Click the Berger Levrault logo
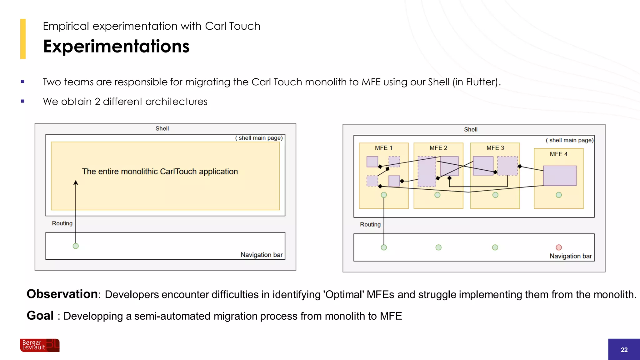(40, 345)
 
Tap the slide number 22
(624, 350)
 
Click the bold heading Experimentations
(116, 46)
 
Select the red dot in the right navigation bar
(559, 247)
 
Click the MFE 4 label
(558, 154)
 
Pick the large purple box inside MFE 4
(560, 176)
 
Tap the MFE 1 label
(383, 148)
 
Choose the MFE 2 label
(438, 148)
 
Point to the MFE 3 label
(495, 148)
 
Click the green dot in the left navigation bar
(76, 246)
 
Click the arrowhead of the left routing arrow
(76, 182)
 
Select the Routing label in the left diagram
(62, 223)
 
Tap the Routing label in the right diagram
(370, 224)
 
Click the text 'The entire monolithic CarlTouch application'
(160, 172)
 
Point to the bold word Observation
(62, 294)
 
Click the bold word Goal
(40, 316)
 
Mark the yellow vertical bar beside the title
(23, 39)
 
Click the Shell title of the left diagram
(162, 128)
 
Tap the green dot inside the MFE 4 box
(559, 195)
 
